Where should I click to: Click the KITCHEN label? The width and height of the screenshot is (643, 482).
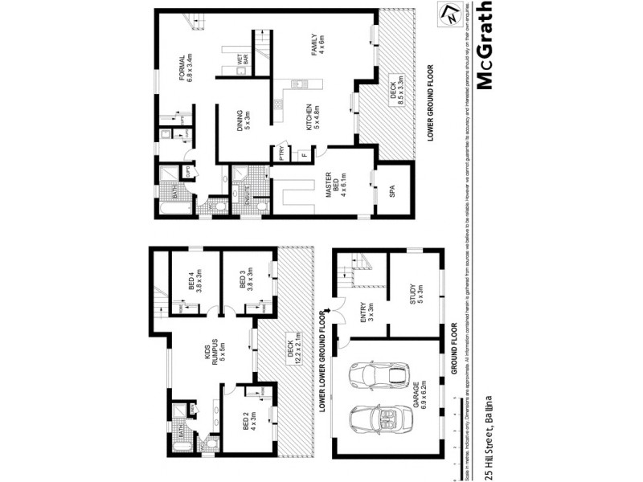point(310,118)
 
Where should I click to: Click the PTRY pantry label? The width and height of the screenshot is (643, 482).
point(283,151)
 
